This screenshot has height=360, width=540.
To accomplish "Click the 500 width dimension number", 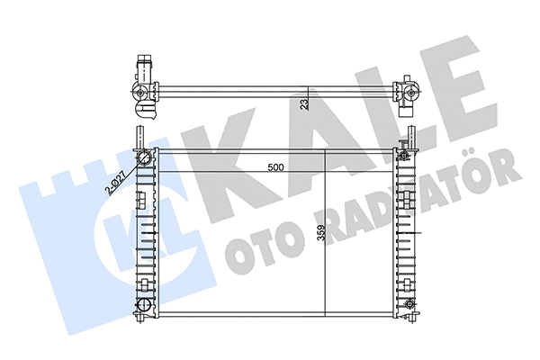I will click(277, 166).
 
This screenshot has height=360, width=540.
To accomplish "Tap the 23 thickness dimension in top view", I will click(305, 104).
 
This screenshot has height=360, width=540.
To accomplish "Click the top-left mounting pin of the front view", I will click(139, 138).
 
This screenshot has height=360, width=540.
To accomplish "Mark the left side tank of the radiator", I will click(143, 234).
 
